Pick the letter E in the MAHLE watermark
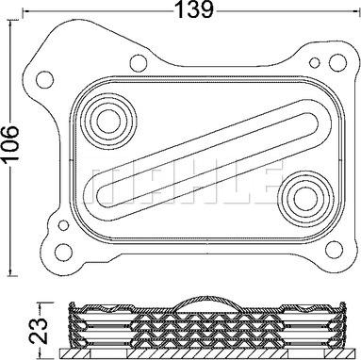tap(265, 176)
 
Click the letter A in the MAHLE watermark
tap(156, 176)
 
